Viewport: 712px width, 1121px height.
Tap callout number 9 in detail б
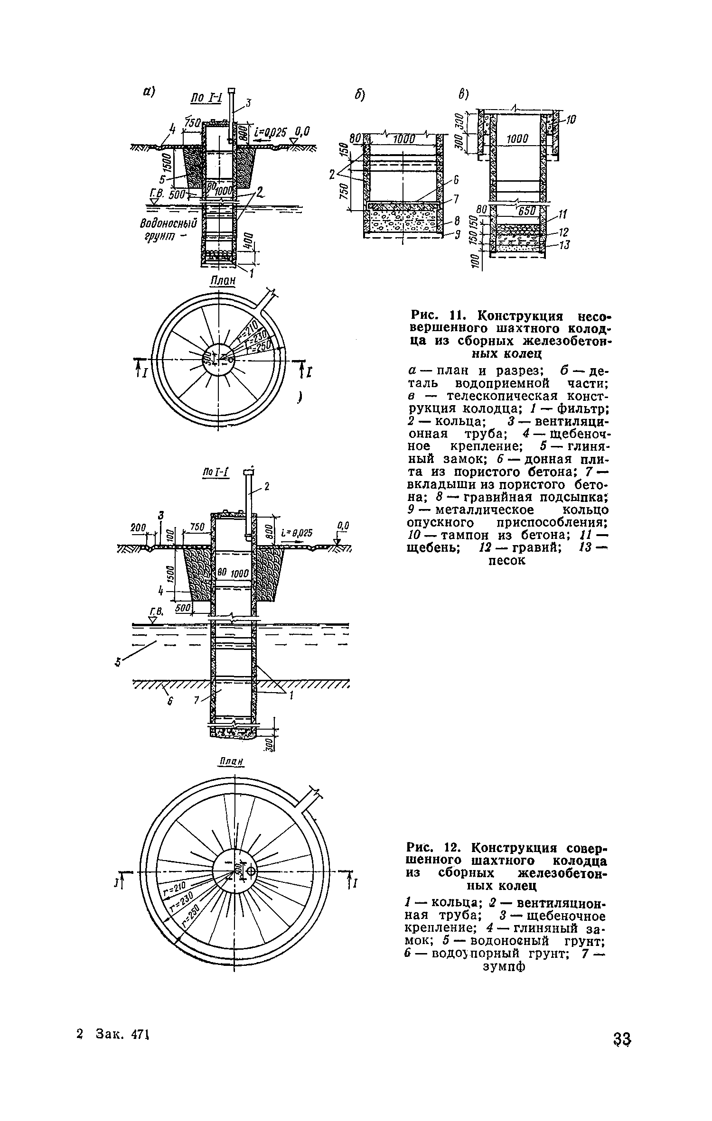(x=458, y=234)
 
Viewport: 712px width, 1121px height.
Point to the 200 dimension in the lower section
(x=139, y=528)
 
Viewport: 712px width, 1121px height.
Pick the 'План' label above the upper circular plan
(x=223, y=281)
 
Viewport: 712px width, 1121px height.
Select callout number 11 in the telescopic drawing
(x=562, y=216)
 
